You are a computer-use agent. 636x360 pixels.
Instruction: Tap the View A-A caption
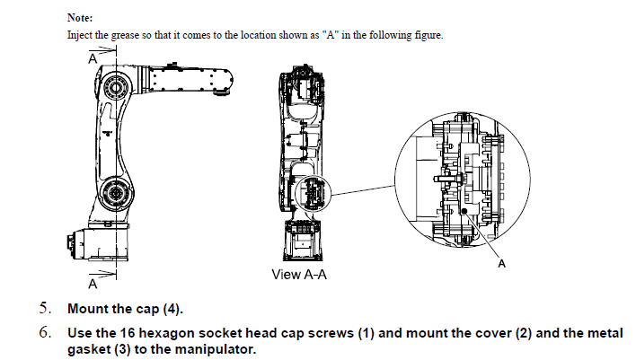pos(298,274)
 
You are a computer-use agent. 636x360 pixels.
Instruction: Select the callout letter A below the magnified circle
pos(500,265)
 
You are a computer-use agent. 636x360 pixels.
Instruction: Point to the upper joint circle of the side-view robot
pos(115,88)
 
